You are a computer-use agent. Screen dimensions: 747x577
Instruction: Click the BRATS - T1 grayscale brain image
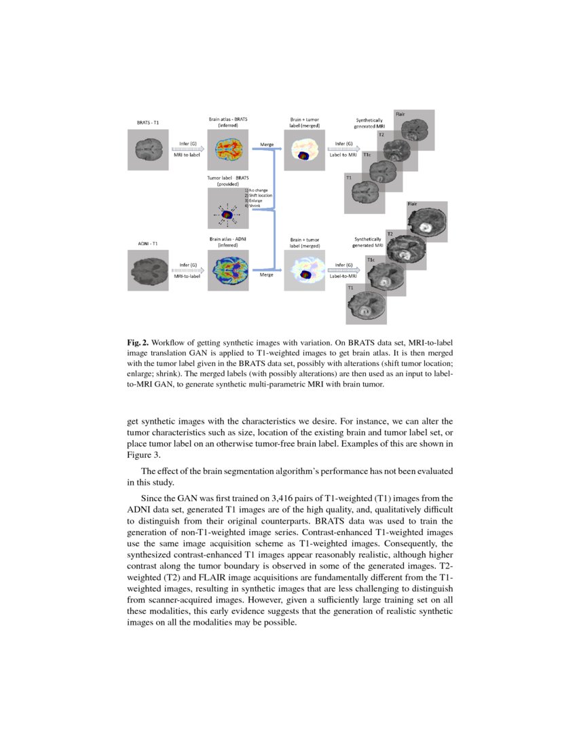(x=149, y=149)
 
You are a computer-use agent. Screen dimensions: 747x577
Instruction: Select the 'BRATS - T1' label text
(x=148, y=123)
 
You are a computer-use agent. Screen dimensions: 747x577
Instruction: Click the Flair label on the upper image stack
(x=401, y=114)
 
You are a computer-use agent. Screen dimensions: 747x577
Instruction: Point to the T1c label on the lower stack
(x=371, y=259)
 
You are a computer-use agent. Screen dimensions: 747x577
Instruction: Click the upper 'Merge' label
(x=266, y=144)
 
